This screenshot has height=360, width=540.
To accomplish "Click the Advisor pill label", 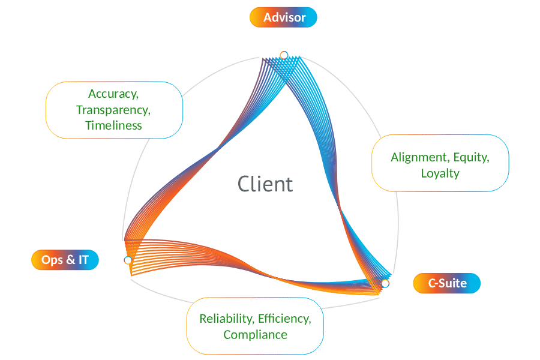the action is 283,17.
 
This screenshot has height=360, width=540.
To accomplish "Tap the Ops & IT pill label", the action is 65,260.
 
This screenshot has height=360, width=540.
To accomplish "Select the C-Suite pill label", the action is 446,283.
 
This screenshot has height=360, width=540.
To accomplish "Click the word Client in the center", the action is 265,184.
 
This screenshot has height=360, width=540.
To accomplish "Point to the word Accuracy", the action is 113,94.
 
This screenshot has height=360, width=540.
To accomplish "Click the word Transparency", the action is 113,110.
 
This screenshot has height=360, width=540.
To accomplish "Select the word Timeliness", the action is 113,125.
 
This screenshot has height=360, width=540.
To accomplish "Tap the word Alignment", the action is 420,157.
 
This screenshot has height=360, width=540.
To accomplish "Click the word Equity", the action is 472,157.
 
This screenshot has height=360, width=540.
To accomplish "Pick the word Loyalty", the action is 440,173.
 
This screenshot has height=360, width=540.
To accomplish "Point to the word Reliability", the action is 227,319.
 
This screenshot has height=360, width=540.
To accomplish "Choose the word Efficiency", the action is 284,319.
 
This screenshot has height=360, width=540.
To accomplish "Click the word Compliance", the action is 255,335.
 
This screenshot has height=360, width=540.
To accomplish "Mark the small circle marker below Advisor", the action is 284,55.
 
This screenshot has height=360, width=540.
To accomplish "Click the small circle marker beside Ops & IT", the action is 128,260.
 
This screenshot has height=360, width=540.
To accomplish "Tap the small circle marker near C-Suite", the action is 385,284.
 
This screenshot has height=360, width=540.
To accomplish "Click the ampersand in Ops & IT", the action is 71,259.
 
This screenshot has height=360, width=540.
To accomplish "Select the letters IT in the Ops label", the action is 83,260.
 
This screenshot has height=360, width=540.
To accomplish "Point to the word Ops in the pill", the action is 52,260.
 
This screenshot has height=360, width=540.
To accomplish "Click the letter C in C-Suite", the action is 432,283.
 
